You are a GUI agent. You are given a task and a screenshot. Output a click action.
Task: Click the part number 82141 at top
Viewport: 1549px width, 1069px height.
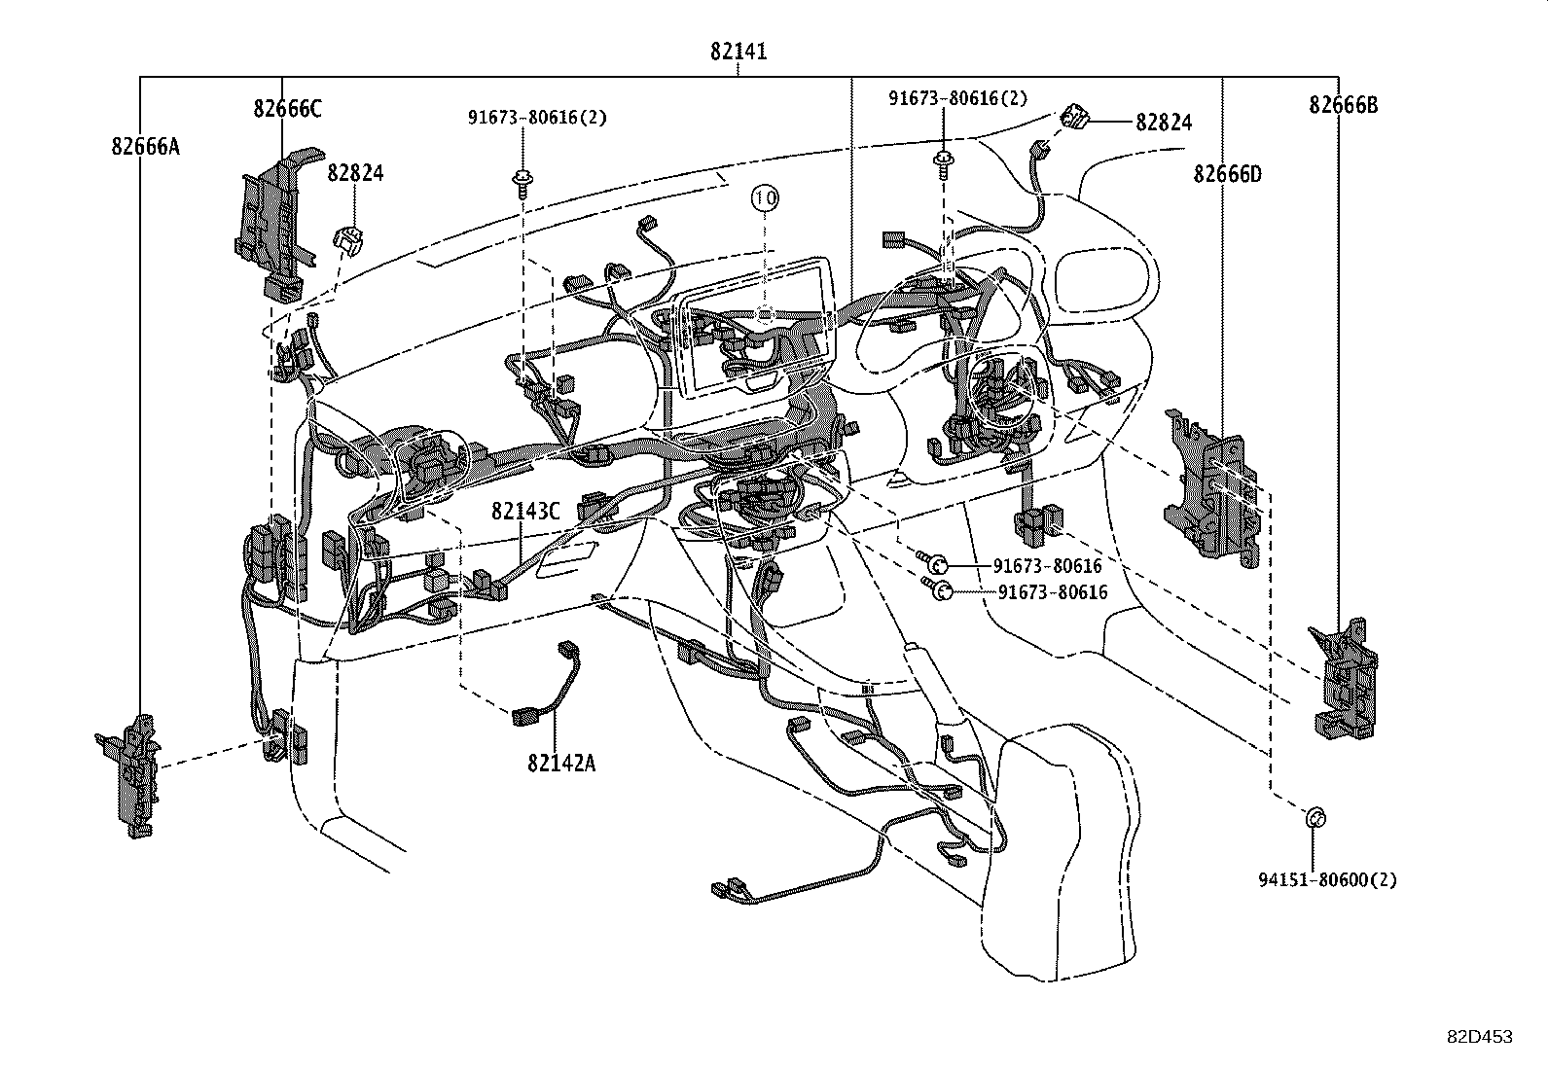(738, 52)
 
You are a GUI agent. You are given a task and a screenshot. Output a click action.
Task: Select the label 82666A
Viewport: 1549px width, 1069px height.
(145, 147)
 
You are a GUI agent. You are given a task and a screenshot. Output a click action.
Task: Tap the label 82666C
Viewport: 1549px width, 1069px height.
(287, 109)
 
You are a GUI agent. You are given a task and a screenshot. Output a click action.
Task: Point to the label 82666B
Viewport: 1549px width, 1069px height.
(1343, 105)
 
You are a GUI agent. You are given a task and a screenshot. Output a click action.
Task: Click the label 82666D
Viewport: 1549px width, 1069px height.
(1227, 174)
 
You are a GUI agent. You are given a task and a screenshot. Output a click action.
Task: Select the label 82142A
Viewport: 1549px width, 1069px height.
(561, 762)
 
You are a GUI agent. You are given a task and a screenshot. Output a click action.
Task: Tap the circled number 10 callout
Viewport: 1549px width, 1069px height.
(765, 198)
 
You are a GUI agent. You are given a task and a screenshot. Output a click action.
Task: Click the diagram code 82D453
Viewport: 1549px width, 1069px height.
(1478, 1037)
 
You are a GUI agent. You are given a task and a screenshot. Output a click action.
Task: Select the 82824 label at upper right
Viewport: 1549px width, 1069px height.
(1164, 123)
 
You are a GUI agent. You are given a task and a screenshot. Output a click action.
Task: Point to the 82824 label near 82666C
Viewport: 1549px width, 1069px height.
(355, 173)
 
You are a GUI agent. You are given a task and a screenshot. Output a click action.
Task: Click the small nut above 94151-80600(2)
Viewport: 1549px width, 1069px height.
(1313, 818)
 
